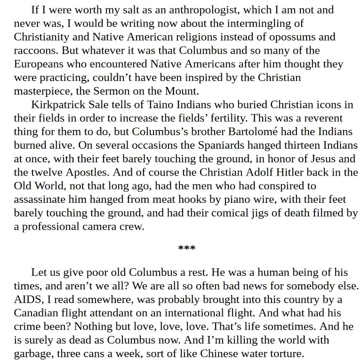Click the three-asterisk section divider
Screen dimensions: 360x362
click(x=186, y=248)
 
